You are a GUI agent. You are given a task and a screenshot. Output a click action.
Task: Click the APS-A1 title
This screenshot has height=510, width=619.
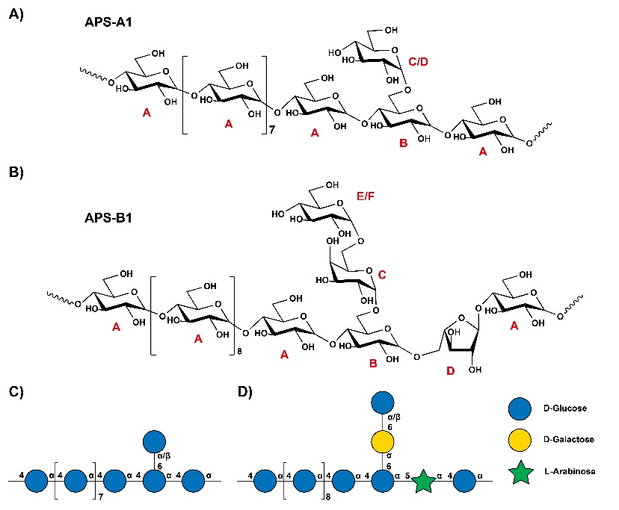pyautogui.click(x=108, y=22)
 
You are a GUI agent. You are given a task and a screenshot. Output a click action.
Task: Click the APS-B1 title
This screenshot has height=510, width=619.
pyautogui.click(x=108, y=217)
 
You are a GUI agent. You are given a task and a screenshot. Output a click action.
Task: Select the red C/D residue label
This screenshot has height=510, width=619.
pyautogui.click(x=418, y=61)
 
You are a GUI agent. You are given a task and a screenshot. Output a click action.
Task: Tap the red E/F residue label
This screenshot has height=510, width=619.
pyautogui.click(x=366, y=196)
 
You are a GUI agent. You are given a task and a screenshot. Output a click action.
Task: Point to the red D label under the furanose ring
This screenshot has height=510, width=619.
pyautogui.click(x=451, y=371)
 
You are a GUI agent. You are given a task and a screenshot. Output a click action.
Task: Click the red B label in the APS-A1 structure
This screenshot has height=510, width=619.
pyautogui.click(x=403, y=143)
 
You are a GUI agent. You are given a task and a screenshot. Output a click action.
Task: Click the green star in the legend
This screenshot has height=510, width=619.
pyautogui.click(x=521, y=472)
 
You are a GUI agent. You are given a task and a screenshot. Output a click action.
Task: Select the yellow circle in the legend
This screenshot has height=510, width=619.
pyautogui.click(x=520, y=440)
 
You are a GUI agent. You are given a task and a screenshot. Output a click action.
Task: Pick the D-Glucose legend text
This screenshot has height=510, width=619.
pyautogui.click(x=565, y=408)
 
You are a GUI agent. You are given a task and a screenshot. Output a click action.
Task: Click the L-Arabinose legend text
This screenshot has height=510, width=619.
pyautogui.click(x=570, y=471)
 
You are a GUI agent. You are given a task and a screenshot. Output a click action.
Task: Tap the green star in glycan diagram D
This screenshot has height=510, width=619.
pyautogui.click(x=423, y=481)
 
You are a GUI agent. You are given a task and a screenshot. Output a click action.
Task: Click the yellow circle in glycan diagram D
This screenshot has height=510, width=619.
pyautogui.click(x=383, y=441)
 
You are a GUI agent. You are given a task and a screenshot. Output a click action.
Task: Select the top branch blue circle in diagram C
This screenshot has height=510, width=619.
pyautogui.click(x=154, y=441)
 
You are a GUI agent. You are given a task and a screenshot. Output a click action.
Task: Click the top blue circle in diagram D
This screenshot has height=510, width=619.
pyautogui.click(x=383, y=402)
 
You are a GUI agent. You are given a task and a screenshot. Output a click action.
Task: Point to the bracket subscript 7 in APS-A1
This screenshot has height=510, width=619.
pyautogui.click(x=272, y=129)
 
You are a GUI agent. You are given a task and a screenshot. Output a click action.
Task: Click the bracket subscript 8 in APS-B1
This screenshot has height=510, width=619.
pyautogui.click(x=239, y=351)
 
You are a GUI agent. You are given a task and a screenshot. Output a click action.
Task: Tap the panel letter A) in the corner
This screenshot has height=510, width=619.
pyautogui.click(x=16, y=14)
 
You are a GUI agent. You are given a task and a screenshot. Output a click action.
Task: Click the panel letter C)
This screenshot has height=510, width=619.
pyautogui.click(x=16, y=392)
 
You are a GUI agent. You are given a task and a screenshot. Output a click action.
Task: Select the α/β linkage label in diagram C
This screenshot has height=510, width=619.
pyautogui.click(x=164, y=456)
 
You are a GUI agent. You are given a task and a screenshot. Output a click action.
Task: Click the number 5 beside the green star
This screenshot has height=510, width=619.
pyautogui.click(x=407, y=476)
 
